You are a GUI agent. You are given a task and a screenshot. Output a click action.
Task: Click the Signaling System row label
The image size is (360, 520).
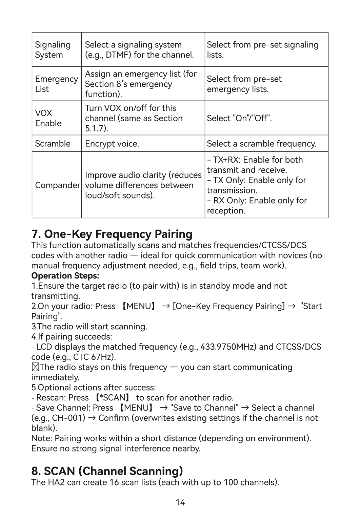tap(53, 50)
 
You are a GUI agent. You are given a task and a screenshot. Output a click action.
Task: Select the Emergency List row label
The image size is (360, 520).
tap(56, 84)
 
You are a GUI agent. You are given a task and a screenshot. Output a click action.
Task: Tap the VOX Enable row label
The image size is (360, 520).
tap(48, 118)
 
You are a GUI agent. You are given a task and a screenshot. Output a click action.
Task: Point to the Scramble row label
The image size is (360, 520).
tap(53, 144)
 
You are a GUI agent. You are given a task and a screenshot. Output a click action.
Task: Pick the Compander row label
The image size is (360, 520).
tap(57, 185)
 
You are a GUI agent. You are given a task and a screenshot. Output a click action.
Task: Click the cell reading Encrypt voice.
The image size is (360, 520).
tap(112, 144)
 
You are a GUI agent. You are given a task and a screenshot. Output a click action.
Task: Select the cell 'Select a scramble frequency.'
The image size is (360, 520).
tap(261, 144)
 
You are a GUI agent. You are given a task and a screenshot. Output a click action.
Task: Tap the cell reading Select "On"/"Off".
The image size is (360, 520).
tap(239, 118)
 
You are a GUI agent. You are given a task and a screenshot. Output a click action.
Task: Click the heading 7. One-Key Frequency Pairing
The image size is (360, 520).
tap(112, 234)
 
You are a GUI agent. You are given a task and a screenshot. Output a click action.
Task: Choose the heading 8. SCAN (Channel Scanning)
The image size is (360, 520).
tap(107, 471)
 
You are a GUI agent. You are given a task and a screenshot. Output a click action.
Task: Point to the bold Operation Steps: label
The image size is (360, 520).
tap(65, 276)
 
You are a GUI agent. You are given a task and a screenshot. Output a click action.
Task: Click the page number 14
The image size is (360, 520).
tap(180, 502)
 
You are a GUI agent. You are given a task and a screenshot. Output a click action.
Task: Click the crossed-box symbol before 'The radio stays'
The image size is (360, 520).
tap(35, 367)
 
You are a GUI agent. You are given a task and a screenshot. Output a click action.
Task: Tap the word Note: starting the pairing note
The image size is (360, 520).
tap(42, 438)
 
